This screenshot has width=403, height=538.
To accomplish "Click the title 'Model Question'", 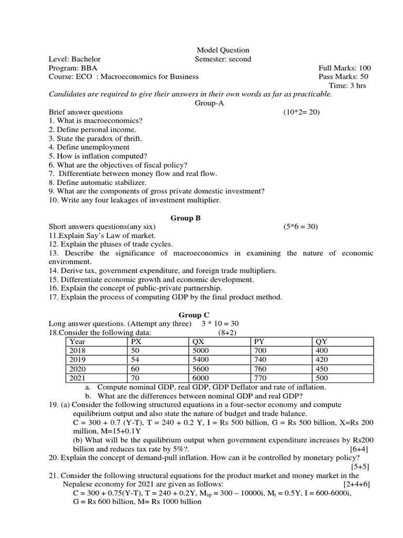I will [223, 50].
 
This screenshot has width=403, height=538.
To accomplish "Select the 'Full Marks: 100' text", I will [345, 68].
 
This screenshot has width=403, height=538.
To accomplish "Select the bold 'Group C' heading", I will [194, 315].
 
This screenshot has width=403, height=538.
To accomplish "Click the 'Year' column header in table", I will [78, 342].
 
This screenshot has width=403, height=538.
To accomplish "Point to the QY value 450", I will [321, 368].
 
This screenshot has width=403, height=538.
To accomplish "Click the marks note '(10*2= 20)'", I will [301, 112].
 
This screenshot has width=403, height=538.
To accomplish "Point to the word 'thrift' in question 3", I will [130, 139].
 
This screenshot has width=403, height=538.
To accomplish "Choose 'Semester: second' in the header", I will [223, 59].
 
